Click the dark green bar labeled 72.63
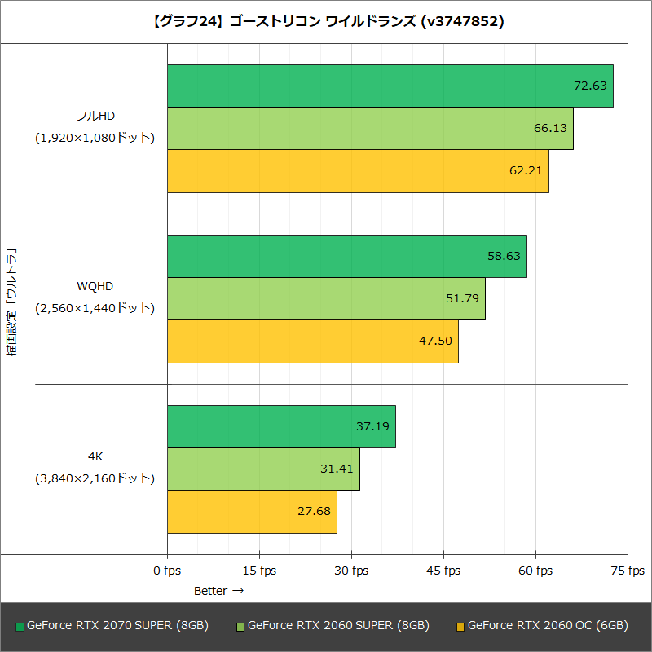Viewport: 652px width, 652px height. coord(390,86)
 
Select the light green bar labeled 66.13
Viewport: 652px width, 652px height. coord(370,128)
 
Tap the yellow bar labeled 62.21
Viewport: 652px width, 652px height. coord(358,170)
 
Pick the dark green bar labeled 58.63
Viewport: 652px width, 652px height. coord(347,256)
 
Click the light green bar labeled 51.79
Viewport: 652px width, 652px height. coord(326,298)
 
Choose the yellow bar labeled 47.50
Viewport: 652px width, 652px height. coord(313,341)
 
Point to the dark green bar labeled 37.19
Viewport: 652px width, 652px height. coord(281,426)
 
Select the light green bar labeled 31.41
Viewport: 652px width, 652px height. coord(263,469)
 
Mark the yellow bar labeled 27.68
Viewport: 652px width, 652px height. coord(252,511)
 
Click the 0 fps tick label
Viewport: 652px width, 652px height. coord(167,570)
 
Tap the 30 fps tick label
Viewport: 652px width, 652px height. coord(351,570)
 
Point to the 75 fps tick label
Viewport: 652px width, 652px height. coord(627,570)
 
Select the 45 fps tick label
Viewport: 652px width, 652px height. coord(443,570)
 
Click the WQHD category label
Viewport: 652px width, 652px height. coord(95,286)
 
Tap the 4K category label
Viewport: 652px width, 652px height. coord(95,456)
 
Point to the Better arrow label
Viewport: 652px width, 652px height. coord(218,590)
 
